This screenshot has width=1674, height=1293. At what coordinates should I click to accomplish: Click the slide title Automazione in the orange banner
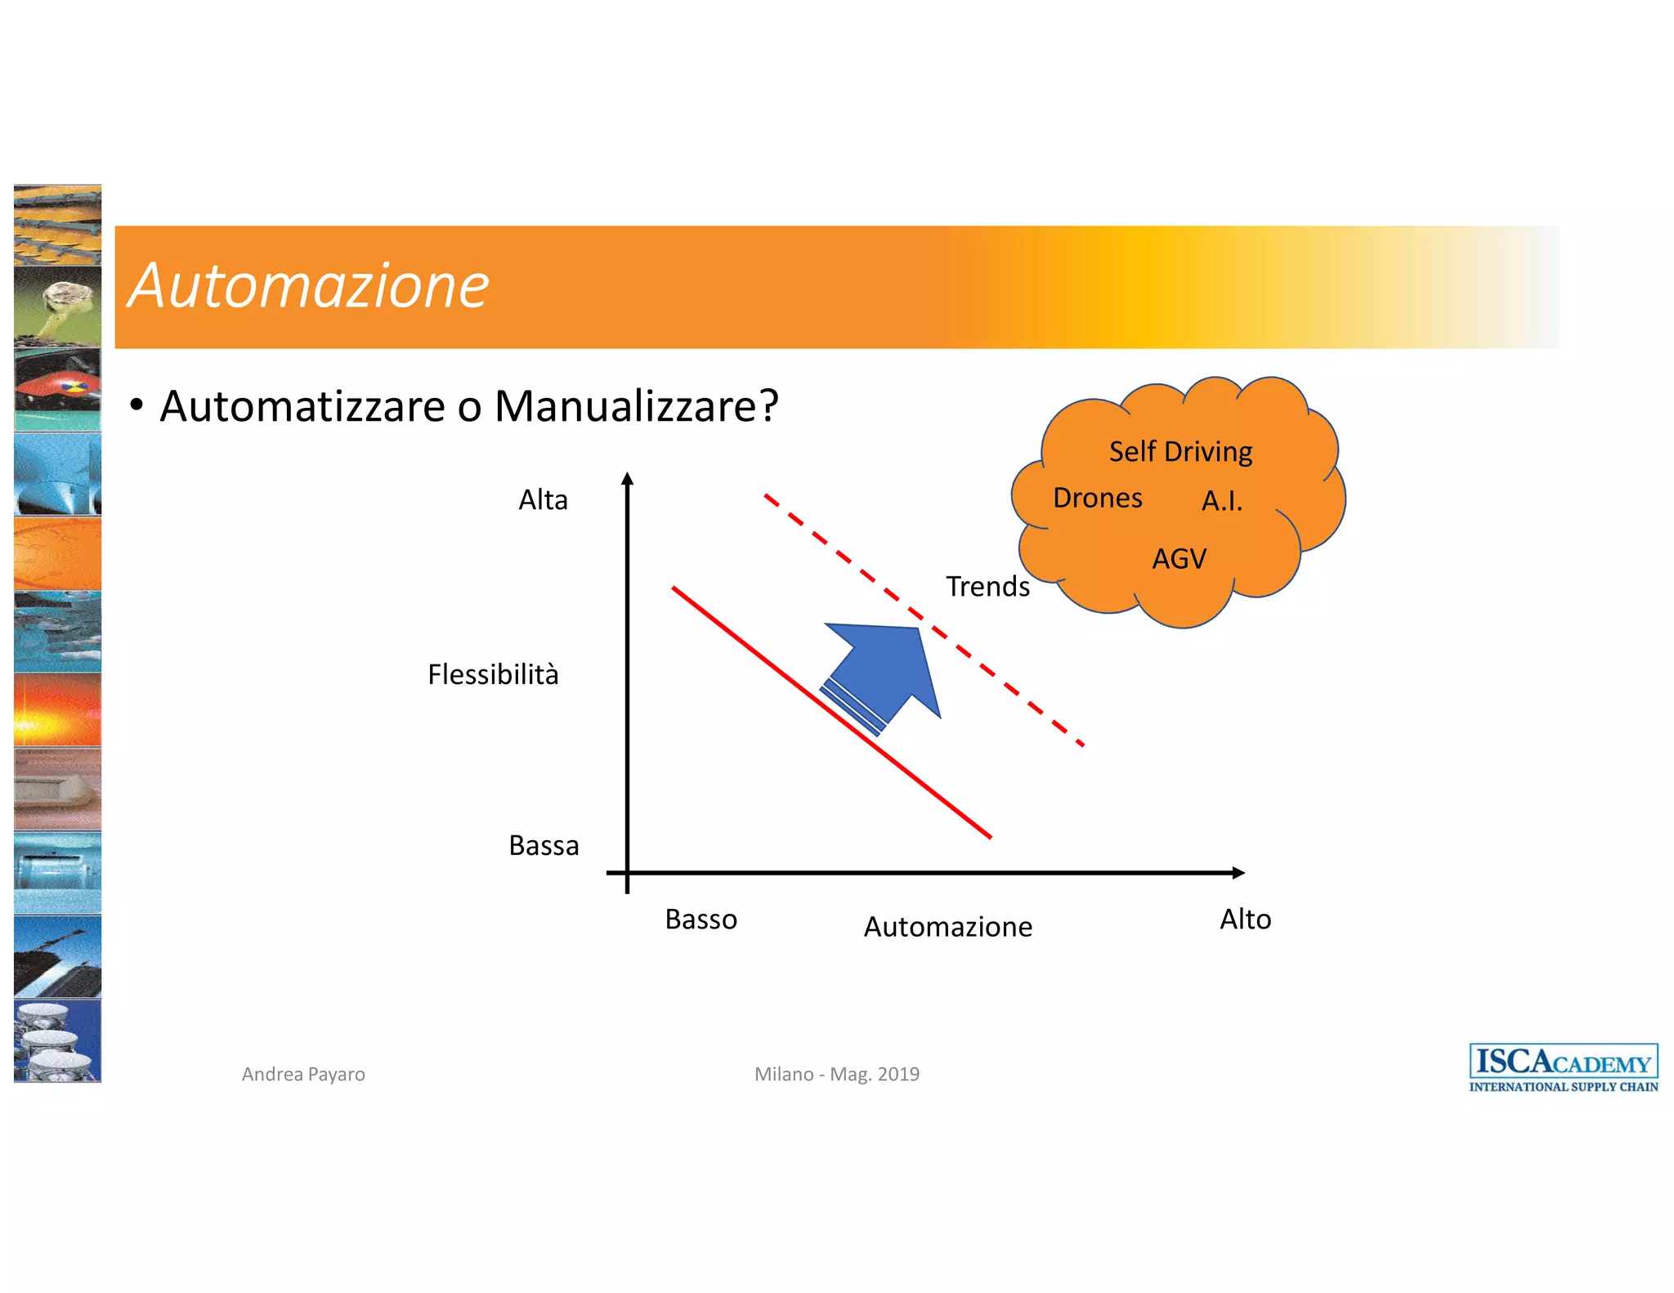309,286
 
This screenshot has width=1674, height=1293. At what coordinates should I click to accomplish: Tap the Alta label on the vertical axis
543,500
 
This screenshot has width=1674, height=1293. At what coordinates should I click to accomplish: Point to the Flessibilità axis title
493,675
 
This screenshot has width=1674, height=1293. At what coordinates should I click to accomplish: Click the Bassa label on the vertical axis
544,846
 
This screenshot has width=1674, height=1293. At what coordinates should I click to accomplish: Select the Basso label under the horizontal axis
700,919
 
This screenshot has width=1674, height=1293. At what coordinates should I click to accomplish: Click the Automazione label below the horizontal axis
948,927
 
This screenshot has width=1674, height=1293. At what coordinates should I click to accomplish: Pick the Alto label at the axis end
1245,919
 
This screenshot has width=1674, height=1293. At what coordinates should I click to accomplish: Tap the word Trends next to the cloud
987,587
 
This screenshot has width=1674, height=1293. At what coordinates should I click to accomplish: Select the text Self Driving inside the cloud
1180,452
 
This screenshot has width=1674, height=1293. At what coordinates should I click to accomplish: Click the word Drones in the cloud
1097,499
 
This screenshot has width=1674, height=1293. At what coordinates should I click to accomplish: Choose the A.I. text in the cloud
1222,501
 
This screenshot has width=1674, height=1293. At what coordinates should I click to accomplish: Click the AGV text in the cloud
1179,559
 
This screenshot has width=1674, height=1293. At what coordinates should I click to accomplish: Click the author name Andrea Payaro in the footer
303,1074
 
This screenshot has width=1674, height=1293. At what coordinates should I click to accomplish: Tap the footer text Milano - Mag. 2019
836,1074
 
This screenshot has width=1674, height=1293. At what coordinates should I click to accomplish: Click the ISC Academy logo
1563,1067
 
